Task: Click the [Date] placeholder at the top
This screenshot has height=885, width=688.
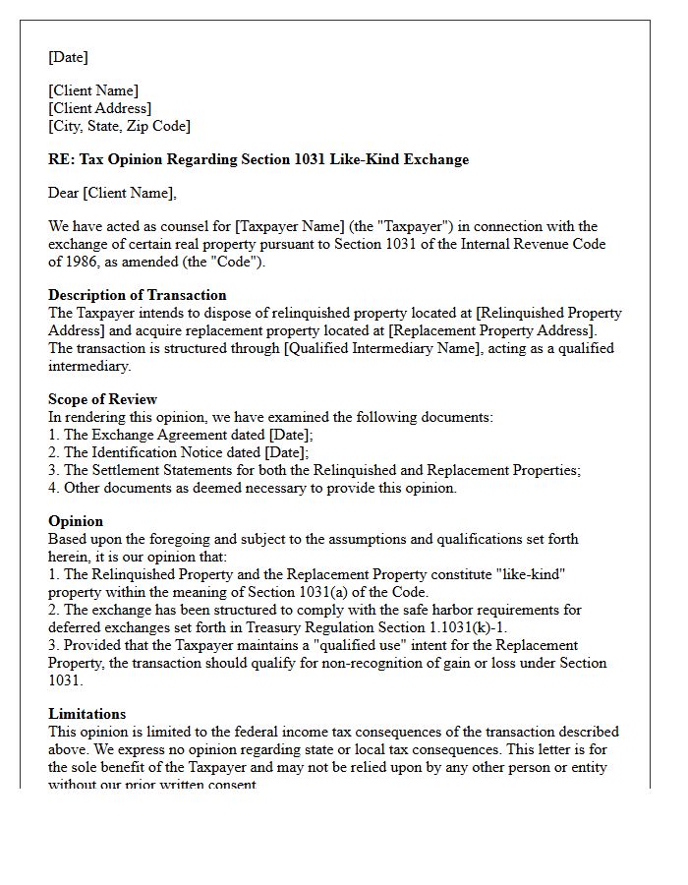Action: pyautogui.click(x=68, y=57)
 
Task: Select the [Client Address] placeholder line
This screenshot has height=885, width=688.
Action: pyautogui.click(x=99, y=108)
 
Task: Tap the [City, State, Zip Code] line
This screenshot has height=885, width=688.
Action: pyautogui.click(x=119, y=126)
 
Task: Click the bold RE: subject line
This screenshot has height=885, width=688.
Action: pyautogui.click(x=258, y=159)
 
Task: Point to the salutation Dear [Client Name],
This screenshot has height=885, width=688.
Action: pyautogui.click(x=112, y=193)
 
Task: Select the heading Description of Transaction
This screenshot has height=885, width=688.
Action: pyautogui.click(x=137, y=295)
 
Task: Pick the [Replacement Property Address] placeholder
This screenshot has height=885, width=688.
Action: pyautogui.click(x=492, y=330)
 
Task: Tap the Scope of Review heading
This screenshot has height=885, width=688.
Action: pyautogui.click(x=102, y=399)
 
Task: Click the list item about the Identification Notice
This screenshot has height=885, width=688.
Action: pyautogui.click(x=178, y=452)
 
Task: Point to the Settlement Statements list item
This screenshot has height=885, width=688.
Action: pyautogui.click(x=314, y=470)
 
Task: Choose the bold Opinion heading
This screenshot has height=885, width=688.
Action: pyautogui.click(x=76, y=521)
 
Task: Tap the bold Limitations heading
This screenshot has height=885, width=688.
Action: pyautogui.click(x=86, y=714)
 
